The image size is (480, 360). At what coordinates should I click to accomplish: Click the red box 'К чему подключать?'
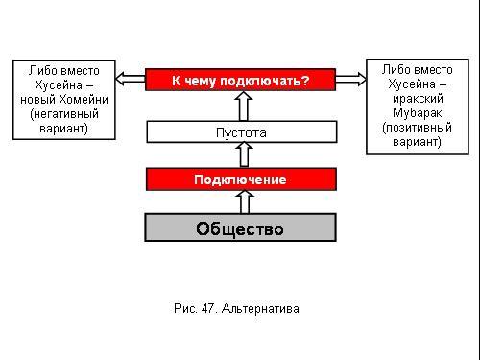click(240, 80)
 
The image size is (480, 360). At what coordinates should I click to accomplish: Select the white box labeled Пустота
click(242, 132)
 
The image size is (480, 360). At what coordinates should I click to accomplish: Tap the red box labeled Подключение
click(241, 180)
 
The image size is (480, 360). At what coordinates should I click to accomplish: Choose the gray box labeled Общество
click(240, 228)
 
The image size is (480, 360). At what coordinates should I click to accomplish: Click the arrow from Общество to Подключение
click(245, 202)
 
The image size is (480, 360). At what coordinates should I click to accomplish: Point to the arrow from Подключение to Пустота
click(244, 155)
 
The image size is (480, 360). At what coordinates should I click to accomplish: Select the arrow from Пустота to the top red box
click(244, 106)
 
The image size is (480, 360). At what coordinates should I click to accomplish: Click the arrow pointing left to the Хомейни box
click(131, 79)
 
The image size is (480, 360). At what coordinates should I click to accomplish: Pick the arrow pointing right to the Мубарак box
click(351, 79)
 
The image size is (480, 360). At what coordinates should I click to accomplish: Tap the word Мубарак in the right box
click(418, 112)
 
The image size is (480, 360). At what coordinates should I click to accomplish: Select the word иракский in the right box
click(418, 98)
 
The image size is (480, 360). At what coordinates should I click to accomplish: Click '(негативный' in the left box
click(64, 114)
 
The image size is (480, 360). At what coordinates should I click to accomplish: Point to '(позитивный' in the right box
click(417, 128)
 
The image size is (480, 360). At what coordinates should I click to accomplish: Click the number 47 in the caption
click(207, 308)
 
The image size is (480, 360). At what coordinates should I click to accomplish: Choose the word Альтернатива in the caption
click(260, 309)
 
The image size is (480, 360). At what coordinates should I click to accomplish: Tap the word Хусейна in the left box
click(59, 85)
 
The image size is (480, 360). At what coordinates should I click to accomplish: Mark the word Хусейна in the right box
click(412, 84)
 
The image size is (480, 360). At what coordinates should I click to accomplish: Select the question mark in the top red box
click(305, 80)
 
